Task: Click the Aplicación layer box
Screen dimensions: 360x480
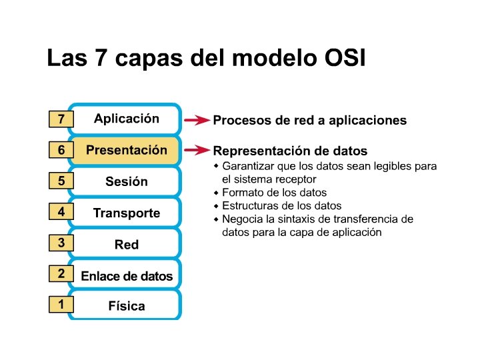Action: pos(126,119)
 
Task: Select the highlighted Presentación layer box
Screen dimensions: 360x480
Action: pos(126,151)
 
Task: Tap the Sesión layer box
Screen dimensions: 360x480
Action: pos(126,181)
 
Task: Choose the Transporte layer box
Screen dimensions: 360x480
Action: pos(126,213)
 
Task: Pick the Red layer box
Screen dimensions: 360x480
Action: pos(126,244)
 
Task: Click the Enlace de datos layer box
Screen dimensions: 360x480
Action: pos(126,276)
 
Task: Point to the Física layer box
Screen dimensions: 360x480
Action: pos(126,307)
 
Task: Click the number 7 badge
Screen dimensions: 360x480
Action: pos(61,120)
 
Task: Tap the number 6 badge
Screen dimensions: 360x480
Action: pos(61,151)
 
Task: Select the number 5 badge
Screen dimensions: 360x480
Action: pos(61,181)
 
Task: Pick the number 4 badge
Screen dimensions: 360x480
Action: pos(61,212)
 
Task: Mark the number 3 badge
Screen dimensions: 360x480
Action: pos(61,243)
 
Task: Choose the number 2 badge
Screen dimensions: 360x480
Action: pos(61,273)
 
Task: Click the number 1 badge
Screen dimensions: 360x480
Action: pos(61,305)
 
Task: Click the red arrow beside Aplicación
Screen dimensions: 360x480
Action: pos(197,121)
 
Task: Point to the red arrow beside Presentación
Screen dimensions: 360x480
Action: pos(197,151)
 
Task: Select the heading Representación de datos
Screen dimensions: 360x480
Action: pos(290,151)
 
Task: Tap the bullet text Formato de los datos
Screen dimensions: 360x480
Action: pos(274,193)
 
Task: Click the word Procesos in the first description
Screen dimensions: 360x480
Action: pos(239,121)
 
